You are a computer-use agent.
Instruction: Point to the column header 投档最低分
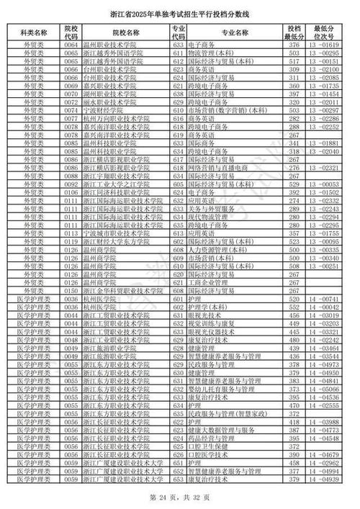click(x=293, y=32)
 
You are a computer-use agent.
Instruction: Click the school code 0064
click(x=71, y=45)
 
